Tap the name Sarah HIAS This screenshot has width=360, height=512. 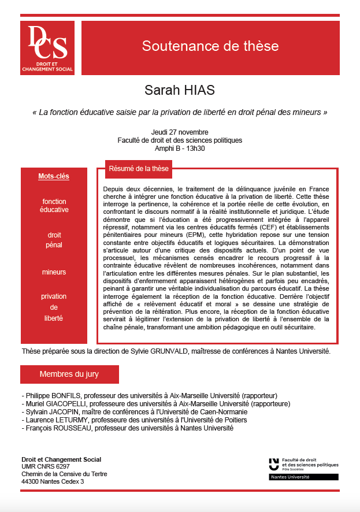[180, 91]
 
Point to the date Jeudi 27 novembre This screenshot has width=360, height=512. [180, 132]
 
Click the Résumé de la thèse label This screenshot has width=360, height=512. [139, 169]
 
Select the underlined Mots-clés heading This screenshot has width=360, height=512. [54, 176]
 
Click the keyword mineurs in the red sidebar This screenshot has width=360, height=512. [54, 272]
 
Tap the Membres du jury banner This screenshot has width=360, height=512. [69, 374]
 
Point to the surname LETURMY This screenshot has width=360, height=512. [70, 420]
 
